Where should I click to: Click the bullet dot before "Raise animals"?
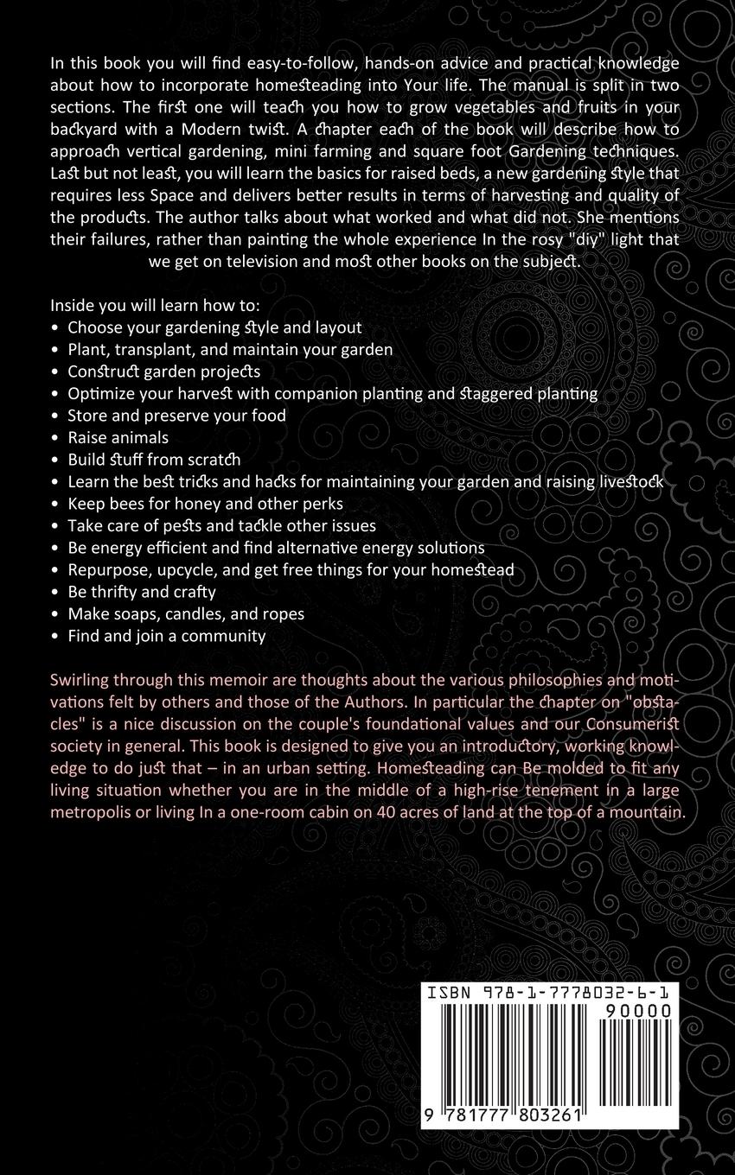[55, 437]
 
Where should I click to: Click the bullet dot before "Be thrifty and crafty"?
[55, 592]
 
